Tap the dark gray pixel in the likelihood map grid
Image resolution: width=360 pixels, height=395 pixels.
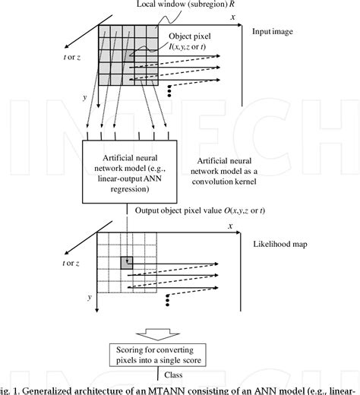coord(127,262)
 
